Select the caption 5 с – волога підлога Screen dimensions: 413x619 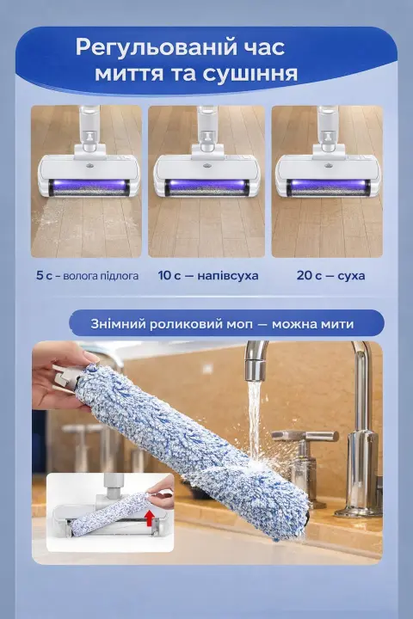click(88, 275)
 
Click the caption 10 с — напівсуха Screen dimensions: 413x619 click(208, 275)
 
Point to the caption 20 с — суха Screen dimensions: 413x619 click(330, 275)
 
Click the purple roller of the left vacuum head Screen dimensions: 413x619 click(85, 187)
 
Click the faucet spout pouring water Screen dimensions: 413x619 click(256, 361)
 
